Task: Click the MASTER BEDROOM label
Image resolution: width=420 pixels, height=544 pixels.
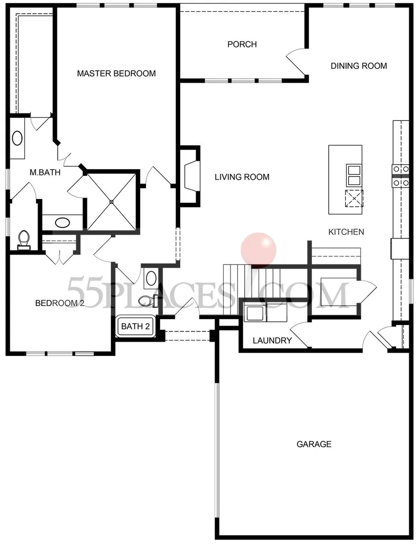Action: [x=116, y=74]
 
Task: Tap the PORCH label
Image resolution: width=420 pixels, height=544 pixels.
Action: [x=242, y=44]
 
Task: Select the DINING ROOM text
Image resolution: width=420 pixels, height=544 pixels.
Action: [x=358, y=66]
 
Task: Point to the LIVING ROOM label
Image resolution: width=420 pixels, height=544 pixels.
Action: [x=242, y=177]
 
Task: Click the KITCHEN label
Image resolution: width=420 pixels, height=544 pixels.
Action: [x=346, y=232]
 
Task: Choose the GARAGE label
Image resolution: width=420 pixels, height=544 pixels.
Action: [x=314, y=444]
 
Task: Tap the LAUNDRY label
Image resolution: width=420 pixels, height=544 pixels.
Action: [x=272, y=341]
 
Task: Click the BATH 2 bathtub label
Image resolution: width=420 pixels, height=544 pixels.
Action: [x=135, y=326]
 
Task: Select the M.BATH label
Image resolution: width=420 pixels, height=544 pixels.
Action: [x=44, y=172]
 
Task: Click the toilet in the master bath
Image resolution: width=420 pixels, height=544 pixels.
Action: [x=23, y=239]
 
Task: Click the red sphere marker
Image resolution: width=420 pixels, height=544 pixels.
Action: [x=259, y=249]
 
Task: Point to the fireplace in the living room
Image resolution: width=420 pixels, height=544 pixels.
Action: [x=191, y=175]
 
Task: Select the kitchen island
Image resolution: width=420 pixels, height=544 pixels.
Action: [x=345, y=179]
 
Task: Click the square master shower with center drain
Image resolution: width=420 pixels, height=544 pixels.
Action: [x=111, y=201]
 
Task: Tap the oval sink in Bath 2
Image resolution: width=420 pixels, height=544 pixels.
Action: [x=151, y=279]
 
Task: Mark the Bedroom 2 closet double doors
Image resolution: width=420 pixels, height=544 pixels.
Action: [x=59, y=257]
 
